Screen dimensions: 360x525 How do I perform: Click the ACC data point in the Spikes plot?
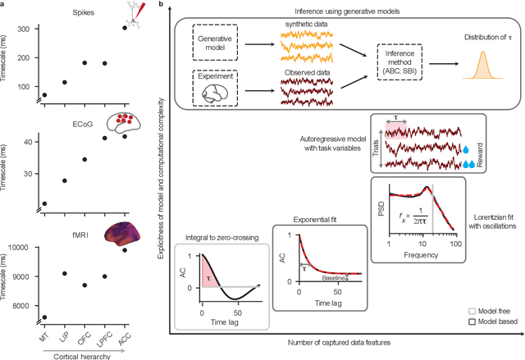125,28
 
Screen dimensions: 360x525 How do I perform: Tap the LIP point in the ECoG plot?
65,180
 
